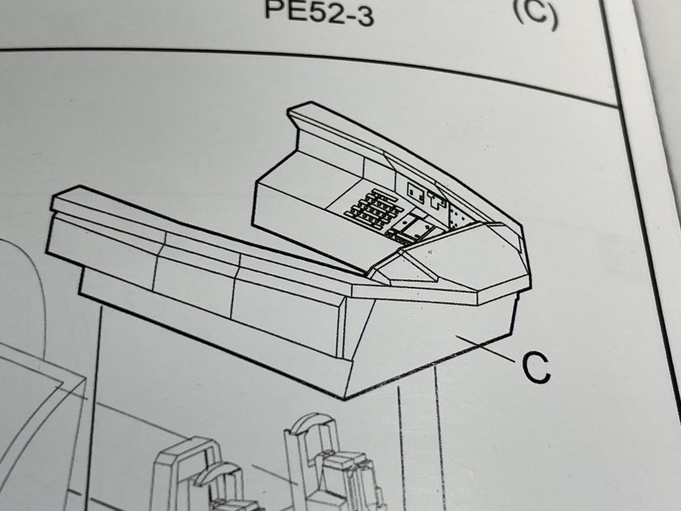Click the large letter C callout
click(535, 367)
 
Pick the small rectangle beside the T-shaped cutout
click(415, 193)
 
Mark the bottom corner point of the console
click(345, 399)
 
